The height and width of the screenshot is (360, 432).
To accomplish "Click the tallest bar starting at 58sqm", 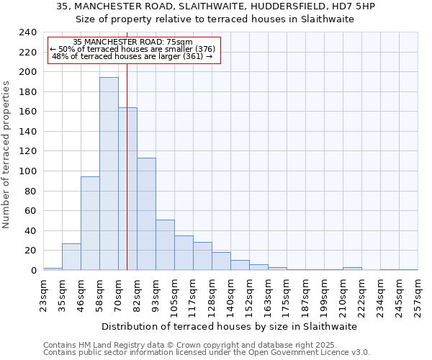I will click(109, 174).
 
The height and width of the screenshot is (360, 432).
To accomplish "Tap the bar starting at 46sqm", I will click(90, 223).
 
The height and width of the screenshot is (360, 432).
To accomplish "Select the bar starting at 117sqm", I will click(202, 256).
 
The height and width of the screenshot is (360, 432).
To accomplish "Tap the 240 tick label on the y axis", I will click(28, 32).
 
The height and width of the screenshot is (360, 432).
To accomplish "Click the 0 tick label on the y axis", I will click(33, 271).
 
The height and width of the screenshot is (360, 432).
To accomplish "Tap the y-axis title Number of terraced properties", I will click(6, 154).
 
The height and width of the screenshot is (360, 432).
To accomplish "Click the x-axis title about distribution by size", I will click(230, 326).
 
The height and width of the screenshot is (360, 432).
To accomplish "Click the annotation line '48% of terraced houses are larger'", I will click(132, 56).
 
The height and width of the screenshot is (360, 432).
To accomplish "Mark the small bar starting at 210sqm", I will click(352, 269).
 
